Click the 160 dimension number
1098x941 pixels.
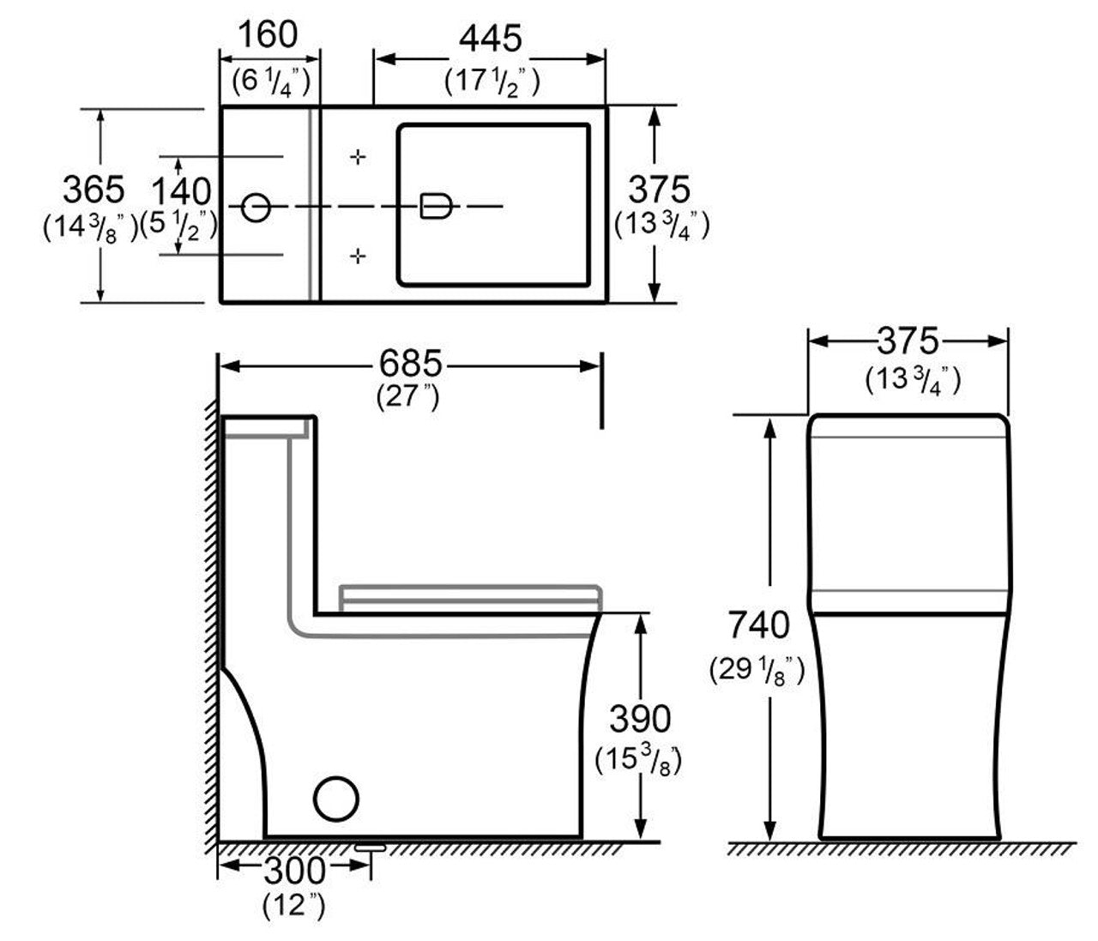click(x=268, y=35)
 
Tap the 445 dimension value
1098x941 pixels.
click(x=491, y=39)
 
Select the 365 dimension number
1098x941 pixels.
click(x=94, y=190)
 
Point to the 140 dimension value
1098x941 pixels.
click(x=181, y=191)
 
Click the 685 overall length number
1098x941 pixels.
click(x=410, y=363)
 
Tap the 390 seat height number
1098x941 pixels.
click(x=640, y=720)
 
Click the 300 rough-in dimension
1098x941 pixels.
click(x=295, y=871)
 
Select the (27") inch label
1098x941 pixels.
click(x=408, y=397)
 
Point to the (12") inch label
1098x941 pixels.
click(x=293, y=905)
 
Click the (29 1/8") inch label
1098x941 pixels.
click(x=757, y=670)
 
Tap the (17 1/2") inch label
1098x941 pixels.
click(x=492, y=82)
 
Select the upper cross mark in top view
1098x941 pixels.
click(x=358, y=157)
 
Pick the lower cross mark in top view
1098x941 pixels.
click(x=358, y=256)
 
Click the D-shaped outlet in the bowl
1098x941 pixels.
click(x=436, y=206)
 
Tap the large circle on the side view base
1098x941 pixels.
click(x=335, y=799)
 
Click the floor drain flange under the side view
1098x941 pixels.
click(x=370, y=847)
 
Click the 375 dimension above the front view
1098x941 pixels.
click(x=908, y=341)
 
